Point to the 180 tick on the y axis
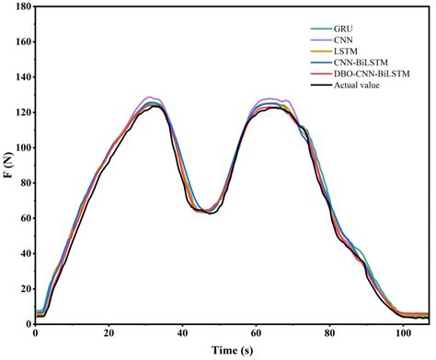coord(20,7)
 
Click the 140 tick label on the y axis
coord(20,77)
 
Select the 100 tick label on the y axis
coord(20,147)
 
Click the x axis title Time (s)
coord(232,351)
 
